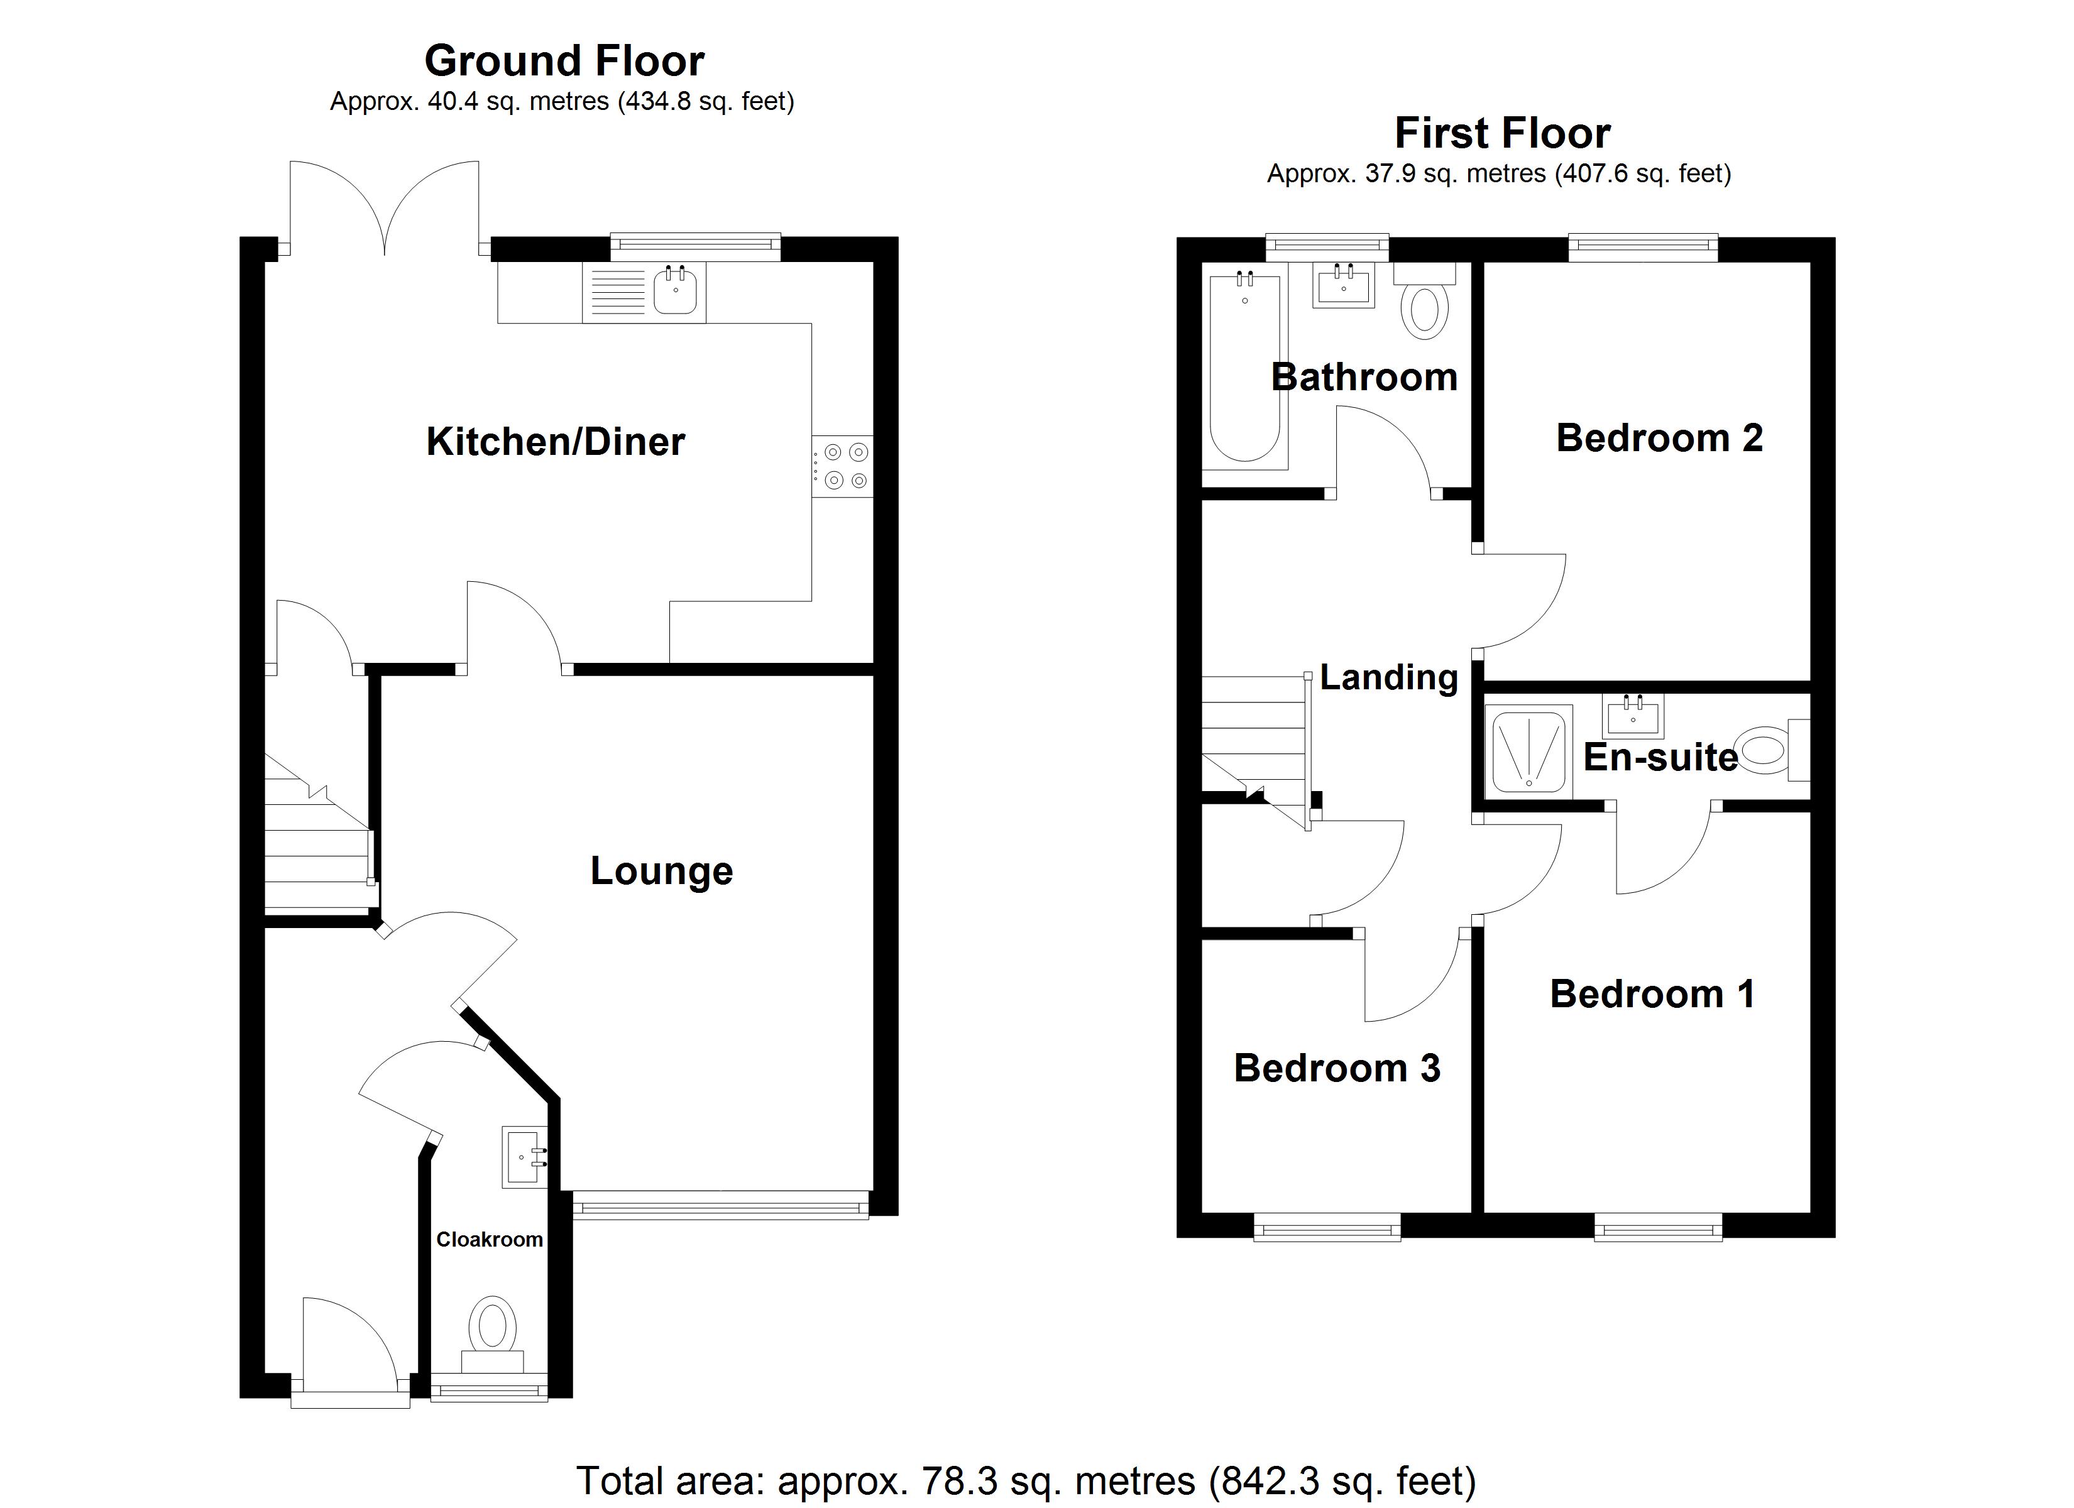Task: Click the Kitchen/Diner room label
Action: pos(555,442)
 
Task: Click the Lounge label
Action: pos(661,871)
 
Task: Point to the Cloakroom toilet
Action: pos(492,1330)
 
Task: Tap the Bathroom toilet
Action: pos(1424,307)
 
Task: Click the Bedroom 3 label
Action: pos(1336,1069)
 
